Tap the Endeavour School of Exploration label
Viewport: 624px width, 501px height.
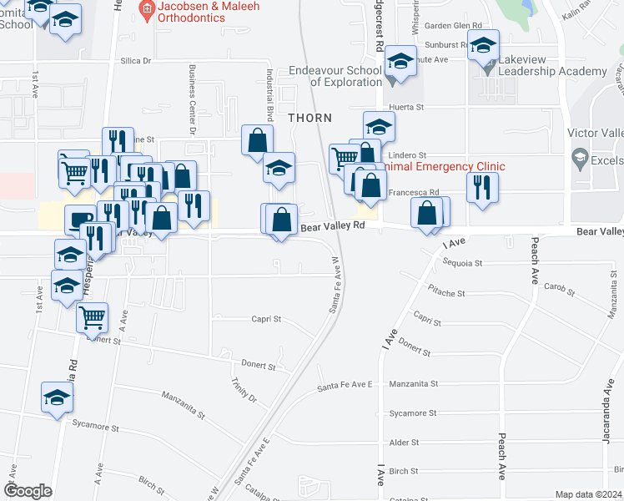pyautogui.click(x=335, y=76)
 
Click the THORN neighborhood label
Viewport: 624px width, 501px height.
pyautogui.click(x=309, y=119)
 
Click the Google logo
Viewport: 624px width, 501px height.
pyautogui.click(x=27, y=490)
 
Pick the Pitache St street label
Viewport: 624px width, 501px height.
pyautogui.click(x=446, y=294)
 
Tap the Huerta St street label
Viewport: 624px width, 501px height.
pyautogui.click(x=407, y=108)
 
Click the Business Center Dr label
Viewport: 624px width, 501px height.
pyautogui.click(x=192, y=100)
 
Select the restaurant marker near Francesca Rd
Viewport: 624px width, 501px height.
pyautogui.click(x=482, y=187)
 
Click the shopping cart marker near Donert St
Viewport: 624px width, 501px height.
pyautogui.click(x=92, y=316)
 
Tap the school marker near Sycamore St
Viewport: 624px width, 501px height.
pyautogui.click(x=57, y=397)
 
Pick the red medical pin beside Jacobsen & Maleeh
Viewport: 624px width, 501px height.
pyautogui.click(x=148, y=11)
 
